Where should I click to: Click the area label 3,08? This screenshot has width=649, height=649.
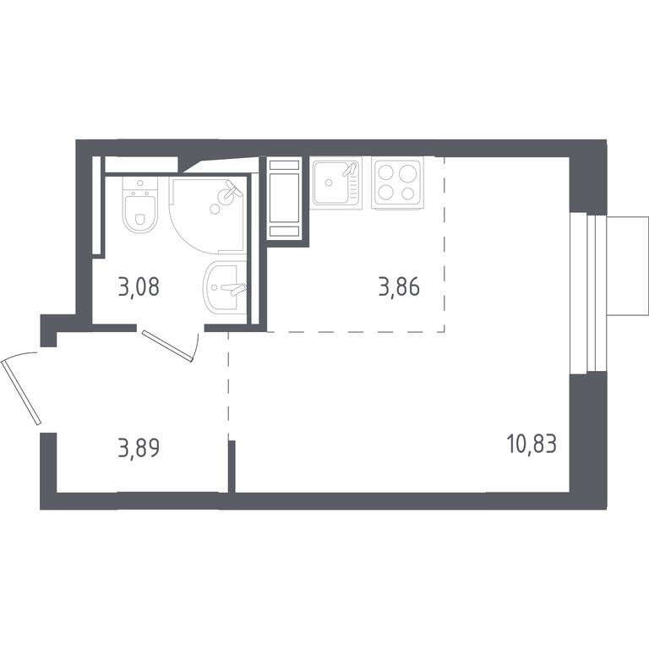(x=139, y=286)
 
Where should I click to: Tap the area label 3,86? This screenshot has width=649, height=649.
(x=399, y=286)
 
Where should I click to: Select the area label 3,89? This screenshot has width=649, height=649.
(x=139, y=448)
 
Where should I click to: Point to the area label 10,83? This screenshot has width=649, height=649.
(x=532, y=444)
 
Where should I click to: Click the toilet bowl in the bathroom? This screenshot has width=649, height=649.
(x=140, y=214)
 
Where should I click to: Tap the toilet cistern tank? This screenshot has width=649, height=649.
(x=140, y=187)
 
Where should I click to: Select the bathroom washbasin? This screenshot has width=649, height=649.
(x=223, y=286)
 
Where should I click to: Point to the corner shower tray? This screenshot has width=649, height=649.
(x=207, y=215)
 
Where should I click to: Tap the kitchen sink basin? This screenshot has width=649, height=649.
(x=330, y=183)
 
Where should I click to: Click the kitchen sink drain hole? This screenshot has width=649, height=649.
(x=329, y=183)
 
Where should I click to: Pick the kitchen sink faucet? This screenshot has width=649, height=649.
(x=350, y=169)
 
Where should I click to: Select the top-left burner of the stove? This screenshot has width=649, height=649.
(x=386, y=172)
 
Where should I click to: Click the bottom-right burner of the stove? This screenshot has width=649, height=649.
(x=407, y=193)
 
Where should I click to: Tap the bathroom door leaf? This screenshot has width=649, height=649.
(x=167, y=346)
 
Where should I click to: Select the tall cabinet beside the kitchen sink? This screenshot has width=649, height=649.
(x=284, y=199)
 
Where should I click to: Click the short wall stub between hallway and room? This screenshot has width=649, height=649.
(x=232, y=466)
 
